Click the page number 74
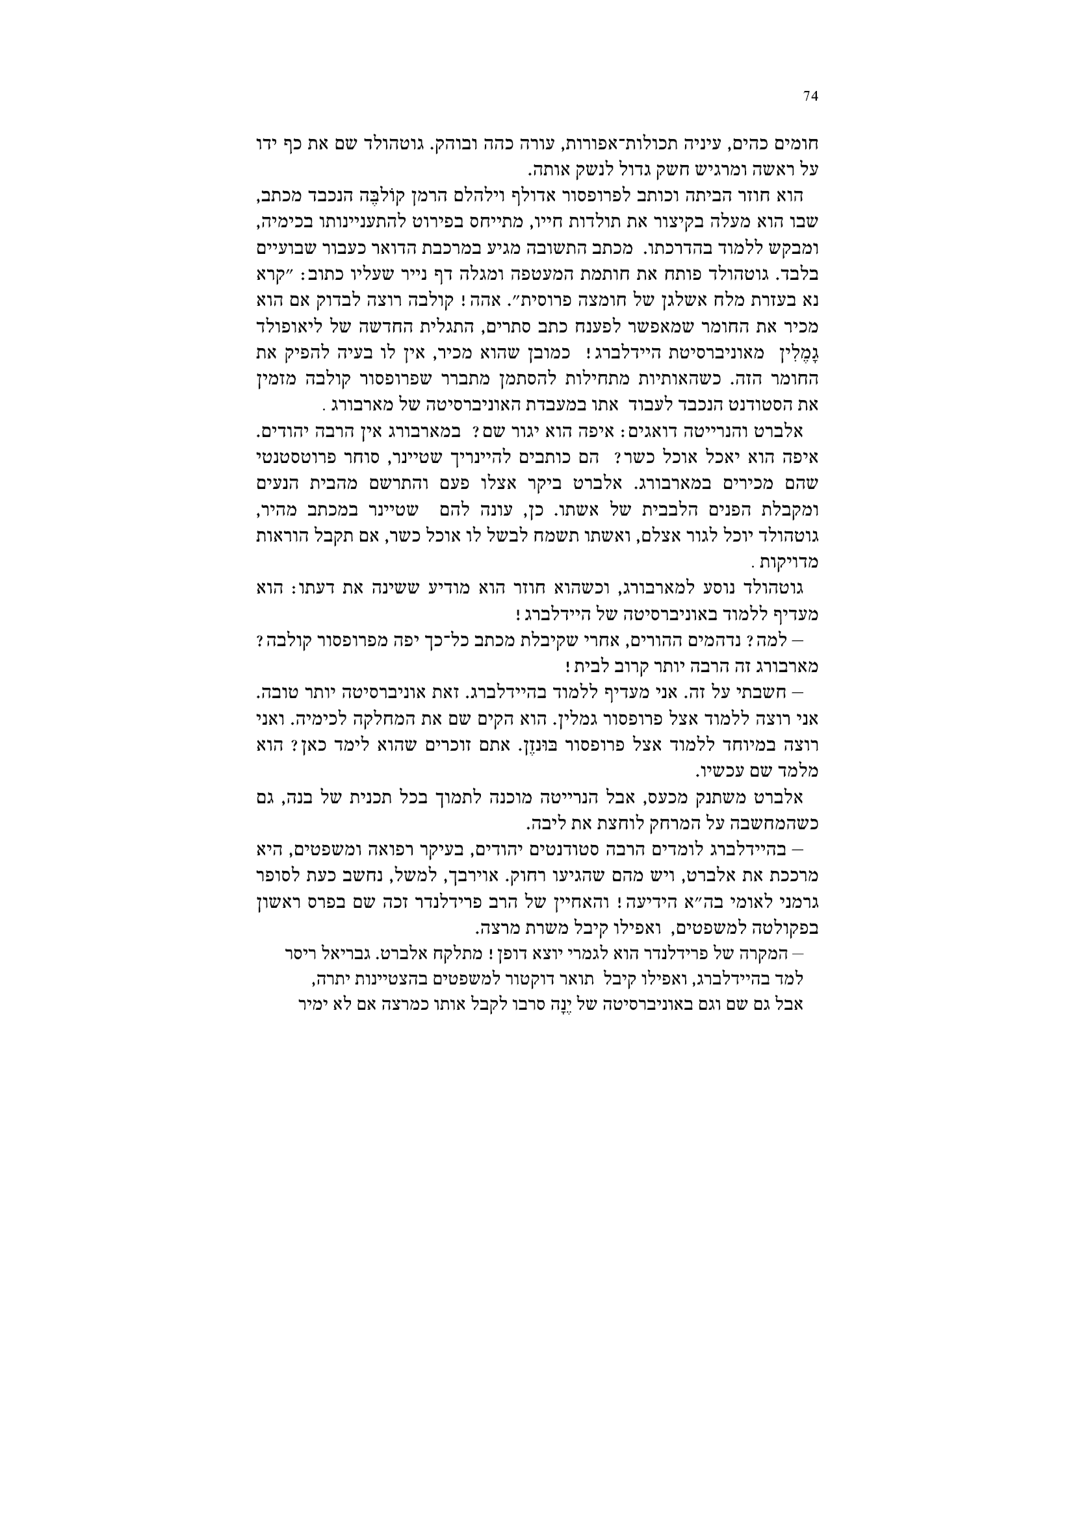(x=811, y=97)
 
